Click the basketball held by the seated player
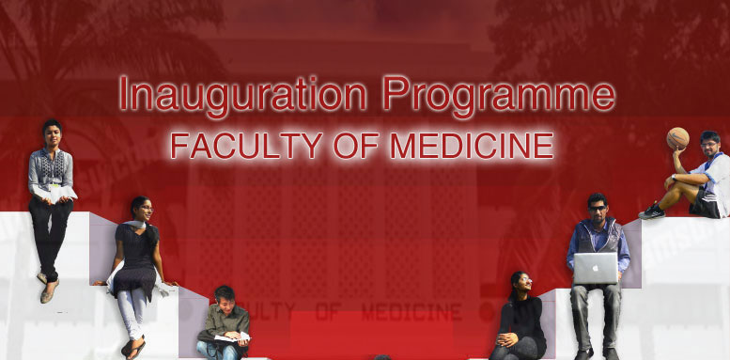pos(677,139)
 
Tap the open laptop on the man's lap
pos(596,269)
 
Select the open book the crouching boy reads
pos(230,337)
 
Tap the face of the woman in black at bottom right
pos(518,283)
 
